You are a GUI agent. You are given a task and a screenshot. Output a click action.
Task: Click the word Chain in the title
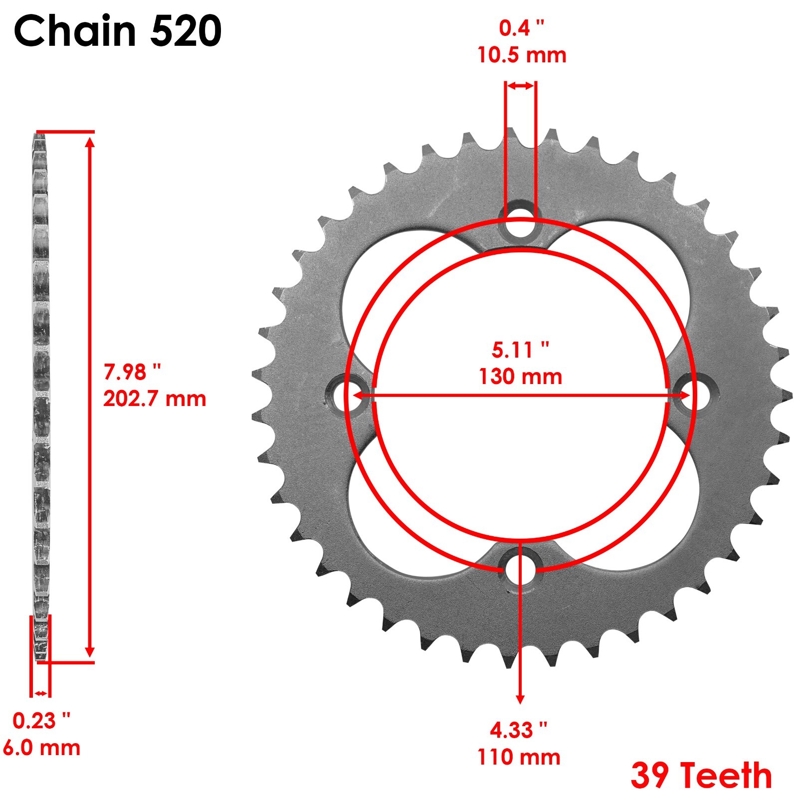coord(75,31)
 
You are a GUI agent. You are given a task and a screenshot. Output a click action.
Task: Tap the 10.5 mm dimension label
coord(522,55)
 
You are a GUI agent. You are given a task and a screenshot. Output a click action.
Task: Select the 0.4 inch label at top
coord(522,28)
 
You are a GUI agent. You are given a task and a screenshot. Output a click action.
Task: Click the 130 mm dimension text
coord(520,377)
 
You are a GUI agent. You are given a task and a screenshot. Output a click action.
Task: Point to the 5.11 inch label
coord(520,350)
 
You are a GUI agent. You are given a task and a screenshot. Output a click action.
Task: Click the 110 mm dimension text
coord(519,757)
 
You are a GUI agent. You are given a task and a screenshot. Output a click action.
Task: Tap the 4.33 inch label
coord(519,730)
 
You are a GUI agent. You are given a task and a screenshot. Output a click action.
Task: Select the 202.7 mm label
coord(155,399)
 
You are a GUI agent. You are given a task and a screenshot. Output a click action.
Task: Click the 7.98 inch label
coord(132,372)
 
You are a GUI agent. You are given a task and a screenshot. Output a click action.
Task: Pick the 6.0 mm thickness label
coord(41,748)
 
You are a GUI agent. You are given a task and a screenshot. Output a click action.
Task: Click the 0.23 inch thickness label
coord(41,721)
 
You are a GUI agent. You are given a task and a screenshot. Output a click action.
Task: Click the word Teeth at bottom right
coord(726,776)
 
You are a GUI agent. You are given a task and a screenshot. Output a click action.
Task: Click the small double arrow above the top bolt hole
coord(521,86)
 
